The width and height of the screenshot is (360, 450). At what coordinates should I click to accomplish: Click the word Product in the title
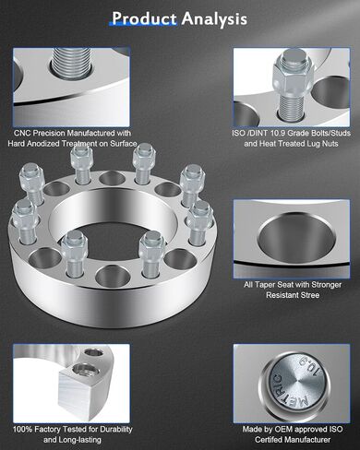coord(144,18)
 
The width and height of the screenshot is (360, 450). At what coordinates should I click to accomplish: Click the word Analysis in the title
coord(214,19)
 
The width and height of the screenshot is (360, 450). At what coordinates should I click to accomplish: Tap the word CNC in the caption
coord(22,133)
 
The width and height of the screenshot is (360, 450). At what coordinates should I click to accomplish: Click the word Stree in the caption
coord(309,295)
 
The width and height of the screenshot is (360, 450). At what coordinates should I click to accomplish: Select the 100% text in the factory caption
coord(23,429)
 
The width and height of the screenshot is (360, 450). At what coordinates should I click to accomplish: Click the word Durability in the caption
coord(116,430)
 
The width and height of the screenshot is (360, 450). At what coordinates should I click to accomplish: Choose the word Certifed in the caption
coord(270,440)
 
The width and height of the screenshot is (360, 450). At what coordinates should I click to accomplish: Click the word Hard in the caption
coord(17,144)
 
